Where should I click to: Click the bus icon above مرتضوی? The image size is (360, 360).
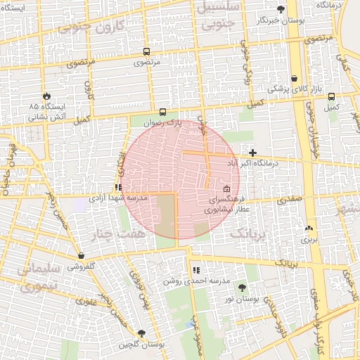pos(146,51)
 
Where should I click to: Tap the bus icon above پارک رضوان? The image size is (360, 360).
pos(163,111)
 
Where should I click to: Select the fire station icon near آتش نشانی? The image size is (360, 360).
pos(47,96)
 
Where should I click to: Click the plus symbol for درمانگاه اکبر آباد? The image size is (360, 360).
pos(253,153)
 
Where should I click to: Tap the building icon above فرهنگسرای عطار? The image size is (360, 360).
pos(226,189)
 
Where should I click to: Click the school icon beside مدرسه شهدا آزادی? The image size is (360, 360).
pos(118,188)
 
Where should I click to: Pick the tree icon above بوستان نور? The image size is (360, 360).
pos(243,288)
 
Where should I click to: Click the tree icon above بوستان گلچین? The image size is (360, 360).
pos(142,333)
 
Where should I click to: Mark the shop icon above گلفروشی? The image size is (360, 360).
pos(82,256)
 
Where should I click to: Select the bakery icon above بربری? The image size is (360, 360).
pos(309,228)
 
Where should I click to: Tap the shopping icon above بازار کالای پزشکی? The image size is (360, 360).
pos(294,78)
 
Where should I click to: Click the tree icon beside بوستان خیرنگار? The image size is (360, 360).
pos(281,9)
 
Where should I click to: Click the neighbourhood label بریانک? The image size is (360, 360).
pos(249,233)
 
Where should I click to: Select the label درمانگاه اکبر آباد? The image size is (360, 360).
pos(252,163)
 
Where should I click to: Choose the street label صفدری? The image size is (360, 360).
pos(290,200)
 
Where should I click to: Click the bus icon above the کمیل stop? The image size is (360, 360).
pos(331,96)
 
